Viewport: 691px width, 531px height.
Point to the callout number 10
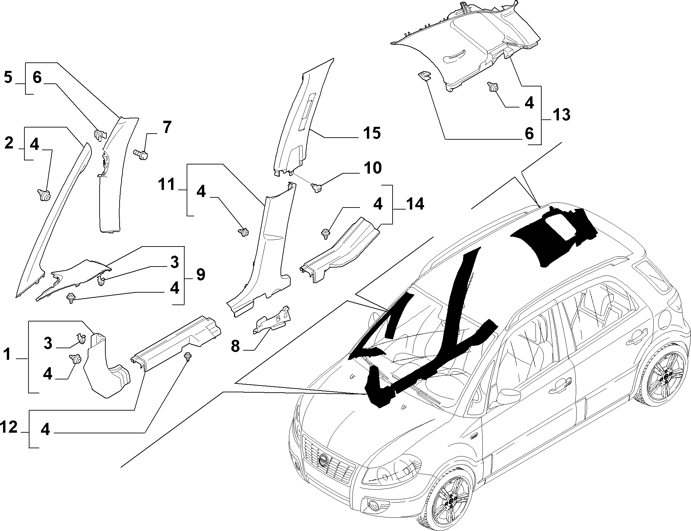click(372, 168)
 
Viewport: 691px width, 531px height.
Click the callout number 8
click(235, 347)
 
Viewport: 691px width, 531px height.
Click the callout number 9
click(201, 274)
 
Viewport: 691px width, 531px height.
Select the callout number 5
click(8, 78)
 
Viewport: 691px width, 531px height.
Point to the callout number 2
click(9, 143)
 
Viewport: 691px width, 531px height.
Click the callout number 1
click(7, 355)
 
